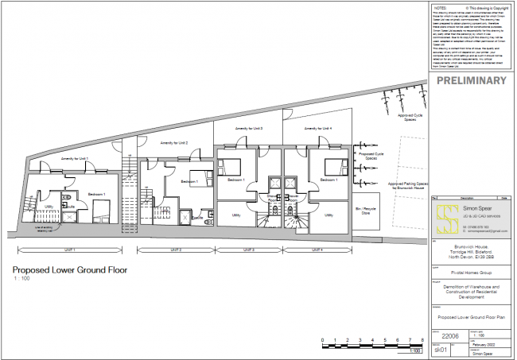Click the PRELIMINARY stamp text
coord(472,81)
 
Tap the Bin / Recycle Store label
coord(367,211)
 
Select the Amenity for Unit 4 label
coord(318,128)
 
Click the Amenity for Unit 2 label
coord(173,142)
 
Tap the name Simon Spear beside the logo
coord(480,207)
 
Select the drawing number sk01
coord(439,350)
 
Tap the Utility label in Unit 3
coord(236,215)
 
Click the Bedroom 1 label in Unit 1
coord(97,195)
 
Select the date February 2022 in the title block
coord(484,343)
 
